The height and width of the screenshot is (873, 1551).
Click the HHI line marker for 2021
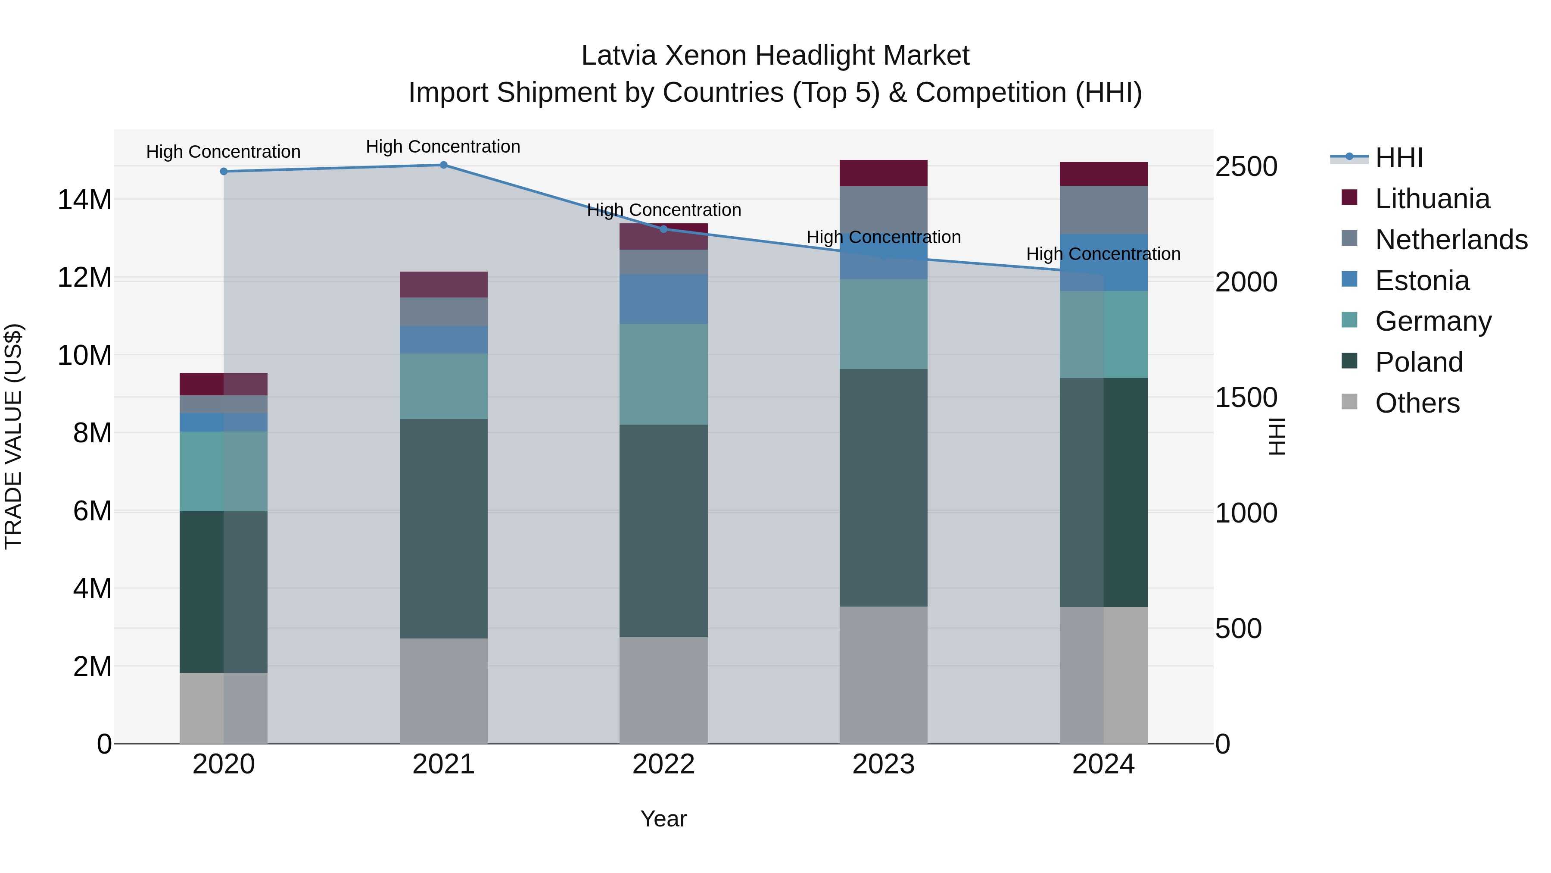443,165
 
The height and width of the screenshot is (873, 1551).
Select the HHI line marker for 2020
223,172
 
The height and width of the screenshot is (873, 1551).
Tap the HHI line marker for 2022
663,229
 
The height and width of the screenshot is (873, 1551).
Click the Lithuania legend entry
1431,199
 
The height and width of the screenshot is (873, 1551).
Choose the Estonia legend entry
1422,281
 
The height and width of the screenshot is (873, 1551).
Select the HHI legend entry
1398,158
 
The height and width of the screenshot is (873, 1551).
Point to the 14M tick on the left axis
84,200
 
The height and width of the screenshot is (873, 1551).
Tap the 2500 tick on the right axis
1246,166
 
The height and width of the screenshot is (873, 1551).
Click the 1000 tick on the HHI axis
1246,513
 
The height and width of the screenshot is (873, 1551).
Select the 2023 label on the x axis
883,764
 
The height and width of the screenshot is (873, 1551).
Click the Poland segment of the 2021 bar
443,529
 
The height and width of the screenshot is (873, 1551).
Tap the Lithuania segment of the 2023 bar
883,173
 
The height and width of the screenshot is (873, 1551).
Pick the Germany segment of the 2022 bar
663,374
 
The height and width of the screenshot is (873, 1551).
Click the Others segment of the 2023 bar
883,675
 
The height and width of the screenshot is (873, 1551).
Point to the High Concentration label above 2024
1103,254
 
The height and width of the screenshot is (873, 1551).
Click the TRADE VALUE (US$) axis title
13,436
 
